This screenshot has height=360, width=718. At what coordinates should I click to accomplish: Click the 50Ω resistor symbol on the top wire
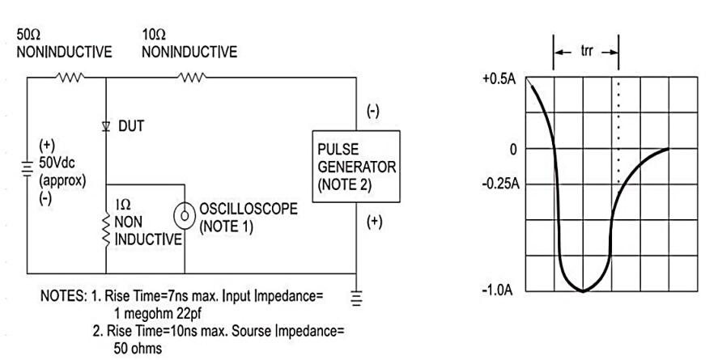(68, 78)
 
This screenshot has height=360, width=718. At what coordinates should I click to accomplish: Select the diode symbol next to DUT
(107, 127)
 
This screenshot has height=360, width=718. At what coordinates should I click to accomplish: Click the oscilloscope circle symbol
(185, 217)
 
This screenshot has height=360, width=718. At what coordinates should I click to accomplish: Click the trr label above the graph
(587, 50)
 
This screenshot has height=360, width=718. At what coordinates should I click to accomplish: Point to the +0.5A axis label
(499, 80)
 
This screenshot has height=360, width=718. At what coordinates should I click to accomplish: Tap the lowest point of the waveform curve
(582, 290)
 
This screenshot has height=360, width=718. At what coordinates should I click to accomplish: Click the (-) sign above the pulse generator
(372, 111)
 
